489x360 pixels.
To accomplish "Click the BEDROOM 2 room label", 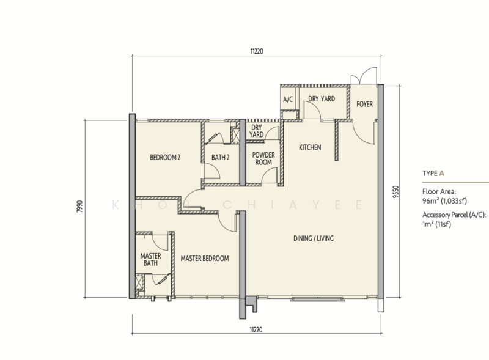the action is pyautogui.click(x=165, y=158).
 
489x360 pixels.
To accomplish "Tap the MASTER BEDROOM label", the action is pyautogui.click(x=205, y=259).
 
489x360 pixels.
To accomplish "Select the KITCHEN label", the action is pyautogui.click(x=310, y=147).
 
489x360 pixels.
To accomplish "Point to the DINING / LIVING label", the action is pyautogui.click(x=314, y=238).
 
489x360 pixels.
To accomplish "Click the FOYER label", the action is pyautogui.click(x=364, y=104).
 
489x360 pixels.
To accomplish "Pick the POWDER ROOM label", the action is pyautogui.click(x=263, y=158).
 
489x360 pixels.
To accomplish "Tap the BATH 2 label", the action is pyautogui.click(x=221, y=158).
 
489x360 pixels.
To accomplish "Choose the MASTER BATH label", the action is pyautogui.click(x=150, y=260).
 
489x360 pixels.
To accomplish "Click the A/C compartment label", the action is pyautogui.click(x=288, y=100).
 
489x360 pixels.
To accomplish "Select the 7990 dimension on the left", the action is pyautogui.click(x=80, y=207).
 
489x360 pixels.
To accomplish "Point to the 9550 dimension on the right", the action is pyautogui.click(x=395, y=192).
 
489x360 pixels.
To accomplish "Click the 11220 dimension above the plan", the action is pyautogui.click(x=257, y=51).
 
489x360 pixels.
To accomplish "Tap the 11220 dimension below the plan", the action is pyautogui.click(x=256, y=329).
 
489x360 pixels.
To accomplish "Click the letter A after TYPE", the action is pyautogui.click(x=441, y=174).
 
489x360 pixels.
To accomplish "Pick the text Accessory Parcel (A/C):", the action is pyautogui.click(x=454, y=215).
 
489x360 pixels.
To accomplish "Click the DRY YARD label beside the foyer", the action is pyautogui.click(x=322, y=99).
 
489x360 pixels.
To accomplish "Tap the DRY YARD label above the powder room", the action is pyautogui.click(x=256, y=131).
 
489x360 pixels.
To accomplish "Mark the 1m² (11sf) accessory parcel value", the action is pyautogui.click(x=436, y=224).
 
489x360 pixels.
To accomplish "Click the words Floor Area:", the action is pyautogui.click(x=439, y=191).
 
